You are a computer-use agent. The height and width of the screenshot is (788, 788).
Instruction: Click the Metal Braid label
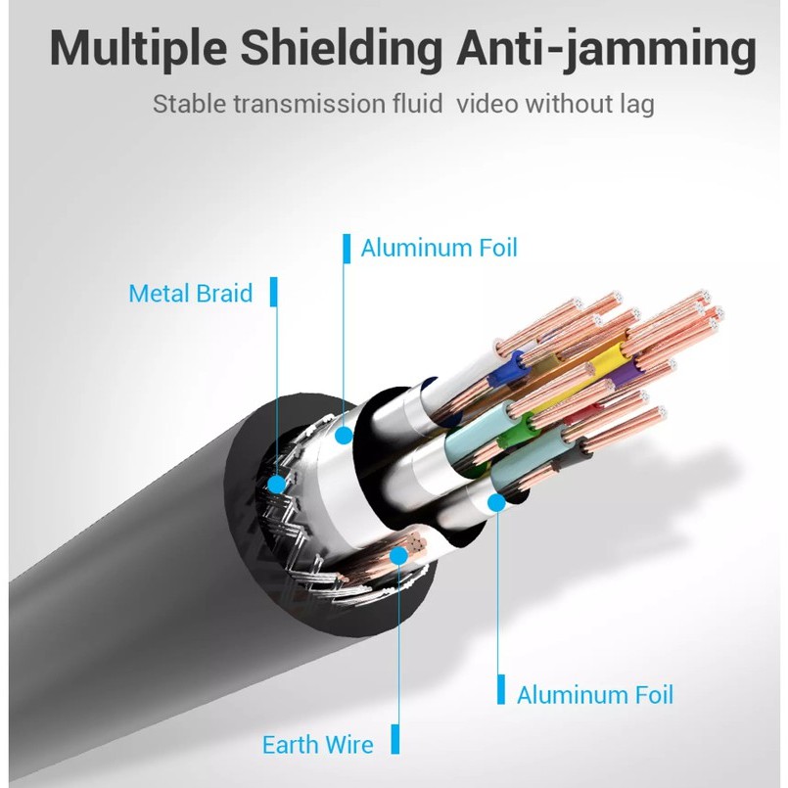click(x=191, y=293)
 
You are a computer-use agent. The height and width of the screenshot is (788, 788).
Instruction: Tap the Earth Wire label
click(x=318, y=745)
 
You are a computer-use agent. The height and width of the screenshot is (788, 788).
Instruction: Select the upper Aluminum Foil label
click(x=439, y=248)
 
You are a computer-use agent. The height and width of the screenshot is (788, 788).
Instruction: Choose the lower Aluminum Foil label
click(x=595, y=695)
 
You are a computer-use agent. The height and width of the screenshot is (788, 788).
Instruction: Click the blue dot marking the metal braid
click(x=276, y=484)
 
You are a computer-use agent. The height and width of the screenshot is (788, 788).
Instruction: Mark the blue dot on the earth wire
click(x=399, y=556)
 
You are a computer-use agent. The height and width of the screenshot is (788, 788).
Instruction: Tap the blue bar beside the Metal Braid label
click(x=274, y=292)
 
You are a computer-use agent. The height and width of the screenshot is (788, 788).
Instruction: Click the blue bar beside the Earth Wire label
click(x=395, y=739)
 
